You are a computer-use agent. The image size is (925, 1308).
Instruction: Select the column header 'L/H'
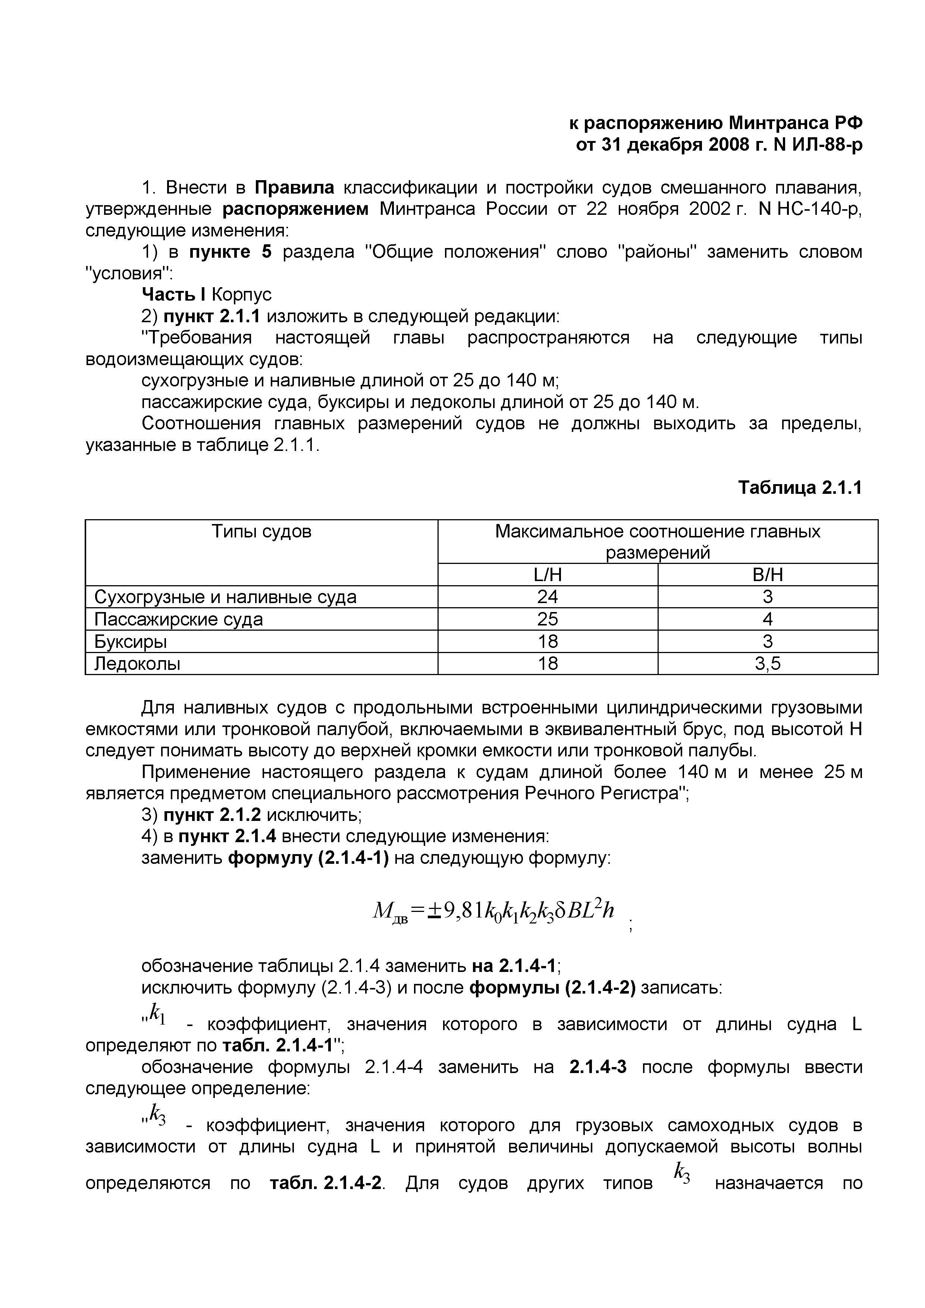pos(548,575)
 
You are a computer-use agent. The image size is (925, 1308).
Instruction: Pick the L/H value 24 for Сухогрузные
pos(548,597)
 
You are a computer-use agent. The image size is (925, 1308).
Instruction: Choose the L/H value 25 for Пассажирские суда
pos(548,619)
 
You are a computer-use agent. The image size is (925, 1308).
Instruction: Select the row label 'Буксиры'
pos(131,642)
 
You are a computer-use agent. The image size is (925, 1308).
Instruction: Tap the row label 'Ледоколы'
pos(137,664)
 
